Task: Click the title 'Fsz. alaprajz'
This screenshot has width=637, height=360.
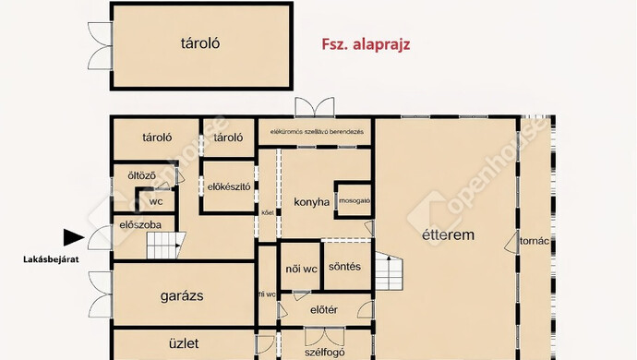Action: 365,42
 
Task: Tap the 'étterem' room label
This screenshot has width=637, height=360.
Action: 448,235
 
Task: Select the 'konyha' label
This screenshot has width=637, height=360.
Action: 312,202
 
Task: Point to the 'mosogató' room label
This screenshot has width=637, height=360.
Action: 355,200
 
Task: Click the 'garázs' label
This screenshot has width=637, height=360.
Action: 181,295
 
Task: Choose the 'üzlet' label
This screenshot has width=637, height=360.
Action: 184,343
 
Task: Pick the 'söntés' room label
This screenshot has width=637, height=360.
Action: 344,268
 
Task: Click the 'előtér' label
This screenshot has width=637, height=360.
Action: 323,309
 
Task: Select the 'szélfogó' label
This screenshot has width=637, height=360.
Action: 323,351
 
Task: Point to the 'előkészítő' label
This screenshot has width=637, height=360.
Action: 230,186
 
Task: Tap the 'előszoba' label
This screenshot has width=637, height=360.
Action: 140,224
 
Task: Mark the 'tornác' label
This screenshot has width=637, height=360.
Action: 535,241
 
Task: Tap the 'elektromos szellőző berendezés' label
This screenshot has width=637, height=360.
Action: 316,132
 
